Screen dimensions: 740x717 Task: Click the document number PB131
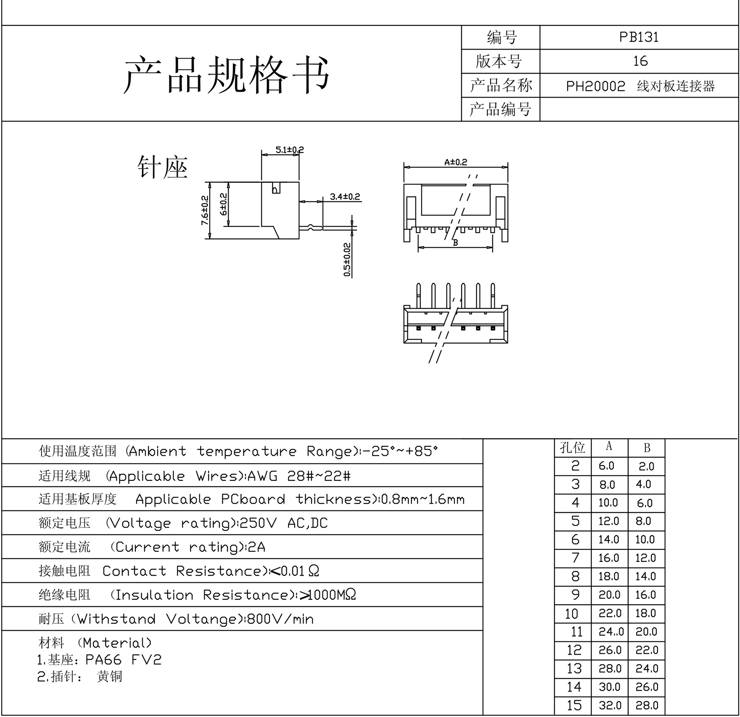639,37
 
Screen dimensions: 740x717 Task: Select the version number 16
640,61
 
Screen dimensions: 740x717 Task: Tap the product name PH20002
595,86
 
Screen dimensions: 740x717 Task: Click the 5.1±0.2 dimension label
290,149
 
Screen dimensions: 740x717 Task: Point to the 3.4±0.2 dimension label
345,197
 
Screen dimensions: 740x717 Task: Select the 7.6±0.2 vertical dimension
205,210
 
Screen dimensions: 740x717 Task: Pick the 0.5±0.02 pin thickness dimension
347,259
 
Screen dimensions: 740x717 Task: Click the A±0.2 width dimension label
455,162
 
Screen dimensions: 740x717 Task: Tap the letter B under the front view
455,243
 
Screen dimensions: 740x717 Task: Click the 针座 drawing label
163,167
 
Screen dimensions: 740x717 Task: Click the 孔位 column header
572,448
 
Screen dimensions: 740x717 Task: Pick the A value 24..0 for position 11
611,631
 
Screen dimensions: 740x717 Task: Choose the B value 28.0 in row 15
647,705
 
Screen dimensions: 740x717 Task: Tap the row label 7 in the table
575,558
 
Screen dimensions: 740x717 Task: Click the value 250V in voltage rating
258,523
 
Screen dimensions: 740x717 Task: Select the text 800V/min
280,619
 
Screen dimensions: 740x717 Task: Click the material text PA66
103,660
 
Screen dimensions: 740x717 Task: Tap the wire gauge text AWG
262,476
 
